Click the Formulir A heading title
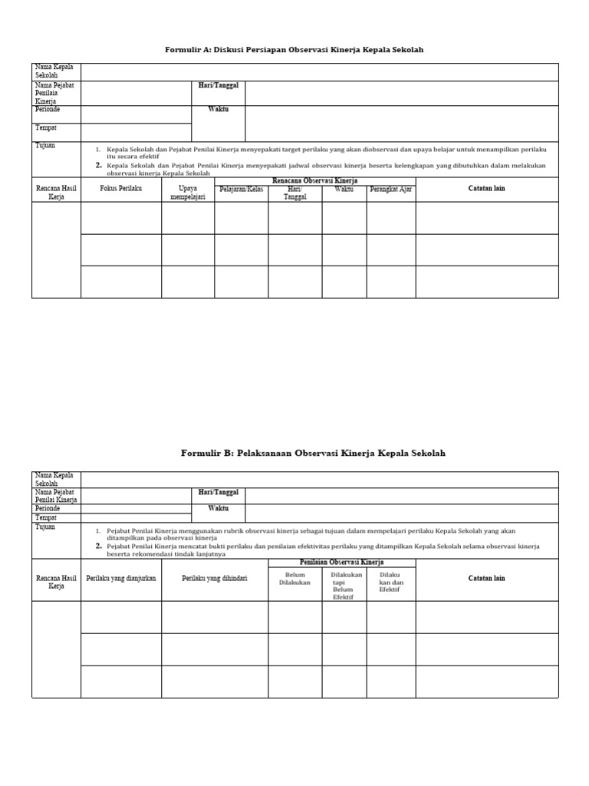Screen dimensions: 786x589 point(294,50)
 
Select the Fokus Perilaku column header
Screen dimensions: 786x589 point(120,189)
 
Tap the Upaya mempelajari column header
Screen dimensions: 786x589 point(188,192)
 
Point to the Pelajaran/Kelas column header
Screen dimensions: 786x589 point(241,189)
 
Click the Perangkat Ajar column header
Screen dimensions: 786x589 point(391,189)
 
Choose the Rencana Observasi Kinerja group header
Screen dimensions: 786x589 point(315,180)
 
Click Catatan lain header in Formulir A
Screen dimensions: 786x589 point(486,189)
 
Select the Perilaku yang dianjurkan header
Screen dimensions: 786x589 point(121,579)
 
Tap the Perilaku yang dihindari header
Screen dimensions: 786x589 point(215,579)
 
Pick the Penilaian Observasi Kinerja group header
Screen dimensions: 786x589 point(341,563)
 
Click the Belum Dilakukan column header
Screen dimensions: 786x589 point(295,579)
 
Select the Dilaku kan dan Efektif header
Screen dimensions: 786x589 point(391,583)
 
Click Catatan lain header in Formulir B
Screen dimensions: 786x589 point(486,579)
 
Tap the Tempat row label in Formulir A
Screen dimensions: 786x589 point(46,128)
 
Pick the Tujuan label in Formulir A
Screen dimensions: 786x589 point(45,145)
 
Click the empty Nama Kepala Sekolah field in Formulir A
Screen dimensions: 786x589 point(319,71)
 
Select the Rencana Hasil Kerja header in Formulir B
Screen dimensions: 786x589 point(56,583)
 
